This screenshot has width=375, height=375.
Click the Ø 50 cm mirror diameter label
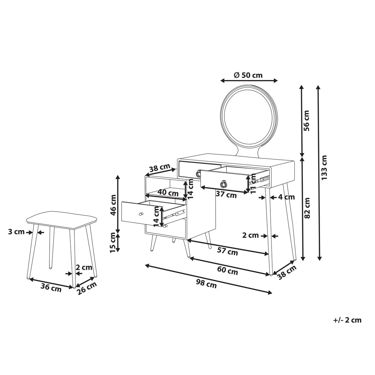(x=248, y=75)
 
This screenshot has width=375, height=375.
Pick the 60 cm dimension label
(x=227, y=271)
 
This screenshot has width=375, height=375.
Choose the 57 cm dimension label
(x=227, y=251)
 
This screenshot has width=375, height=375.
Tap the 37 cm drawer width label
(x=226, y=195)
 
